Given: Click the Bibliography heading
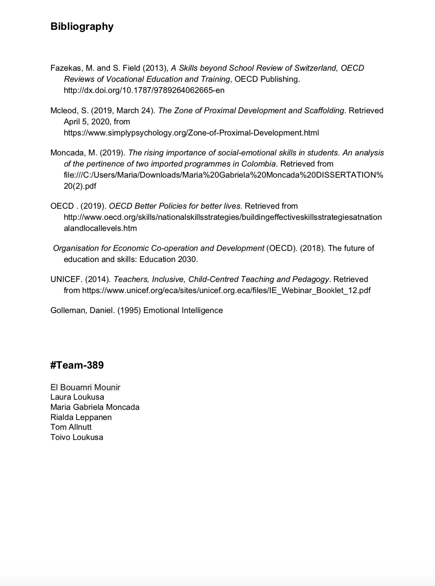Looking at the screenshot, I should pyautogui.click(x=82, y=26).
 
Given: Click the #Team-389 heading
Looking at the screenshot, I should pyautogui.click(x=77, y=365).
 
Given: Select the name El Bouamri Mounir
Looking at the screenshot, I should pyautogui.click(x=85, y=388).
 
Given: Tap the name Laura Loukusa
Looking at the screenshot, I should pyautogui.click(x=77, y=397).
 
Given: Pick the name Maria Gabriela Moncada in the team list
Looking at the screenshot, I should pyautogui.click(x=95, y=407).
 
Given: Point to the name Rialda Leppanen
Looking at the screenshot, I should pyautogui.click(x=81, y=417).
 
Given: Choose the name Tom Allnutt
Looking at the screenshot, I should pyautogui.click(x=71, y=427).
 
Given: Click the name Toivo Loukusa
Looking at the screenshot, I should pyautogui.click(x=77, y=437).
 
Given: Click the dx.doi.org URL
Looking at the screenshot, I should pyautogui.click(x=144, y=90).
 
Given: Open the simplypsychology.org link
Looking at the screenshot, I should pyautogui.click(x=191, y=133).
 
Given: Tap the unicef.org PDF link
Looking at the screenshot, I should pyautogui.click(x=226, y=290).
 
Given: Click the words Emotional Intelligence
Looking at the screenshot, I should pyautogui.click(x=183, y=310).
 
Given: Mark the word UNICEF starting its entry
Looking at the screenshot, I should pyautogui.click(x=66, y=279).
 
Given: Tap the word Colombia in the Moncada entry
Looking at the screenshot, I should pyautogui.click(x=258, y=164).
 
